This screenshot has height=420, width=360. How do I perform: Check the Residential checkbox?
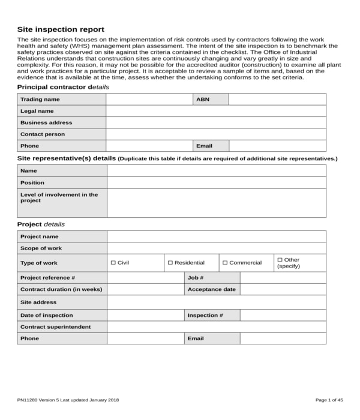170,263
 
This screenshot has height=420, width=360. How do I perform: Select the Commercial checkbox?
225,263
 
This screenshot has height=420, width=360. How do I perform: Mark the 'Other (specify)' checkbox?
280,260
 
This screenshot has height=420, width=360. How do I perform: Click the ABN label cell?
210,100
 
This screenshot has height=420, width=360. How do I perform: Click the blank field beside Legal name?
216,111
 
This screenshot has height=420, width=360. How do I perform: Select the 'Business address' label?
46,122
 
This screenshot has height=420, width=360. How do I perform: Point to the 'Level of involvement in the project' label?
59,197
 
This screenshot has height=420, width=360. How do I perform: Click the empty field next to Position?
216,182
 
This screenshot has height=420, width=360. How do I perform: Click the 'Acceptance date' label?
211,289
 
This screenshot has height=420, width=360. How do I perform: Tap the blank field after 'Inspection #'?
283,315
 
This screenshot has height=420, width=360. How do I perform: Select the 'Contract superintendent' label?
55,327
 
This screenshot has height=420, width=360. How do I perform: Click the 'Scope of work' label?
41,248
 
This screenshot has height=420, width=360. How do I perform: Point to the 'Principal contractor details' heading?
63,87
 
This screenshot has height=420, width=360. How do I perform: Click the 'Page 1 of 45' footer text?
329,400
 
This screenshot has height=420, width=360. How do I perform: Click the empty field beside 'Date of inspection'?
145,315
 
